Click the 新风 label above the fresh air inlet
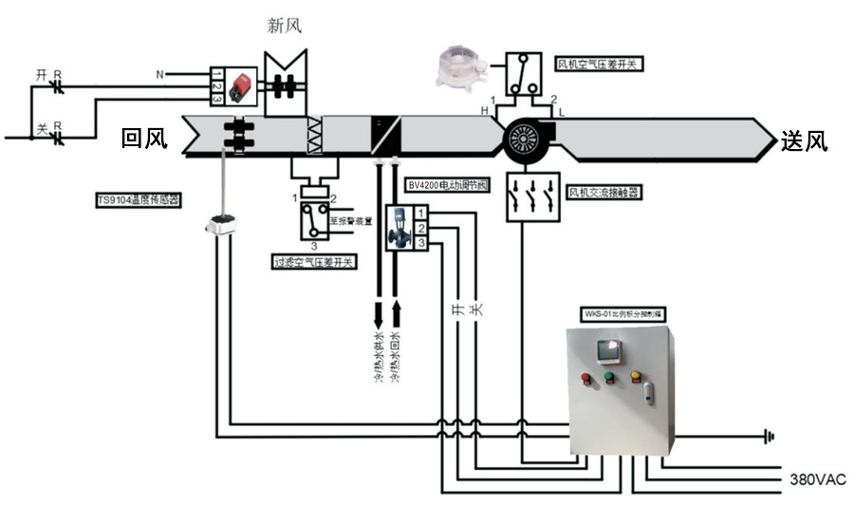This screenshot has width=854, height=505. coord(285,26)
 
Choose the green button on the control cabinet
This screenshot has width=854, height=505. coord(609,378)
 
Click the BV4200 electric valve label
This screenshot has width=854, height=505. coord(446,186)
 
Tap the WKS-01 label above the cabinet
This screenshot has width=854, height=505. coord(621,313)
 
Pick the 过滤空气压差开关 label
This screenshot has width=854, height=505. coord(313,261)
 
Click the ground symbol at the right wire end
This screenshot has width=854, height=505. coord(769,437)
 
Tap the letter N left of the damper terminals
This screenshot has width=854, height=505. coord(159,74)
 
